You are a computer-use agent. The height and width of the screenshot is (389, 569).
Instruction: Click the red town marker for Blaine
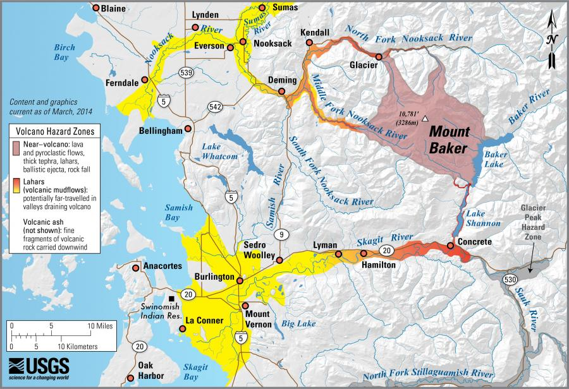[x=96, y=8]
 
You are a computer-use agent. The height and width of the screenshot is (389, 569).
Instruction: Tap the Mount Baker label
[x=450, y=140]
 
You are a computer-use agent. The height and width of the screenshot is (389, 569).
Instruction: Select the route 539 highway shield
[x=186, y=73]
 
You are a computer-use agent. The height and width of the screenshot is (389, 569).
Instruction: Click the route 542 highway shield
[x=215, y=107]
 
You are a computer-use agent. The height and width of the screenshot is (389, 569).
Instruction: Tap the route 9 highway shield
[x=279, y=235]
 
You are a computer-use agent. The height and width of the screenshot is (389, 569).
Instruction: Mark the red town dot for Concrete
[x=450, y=245]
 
